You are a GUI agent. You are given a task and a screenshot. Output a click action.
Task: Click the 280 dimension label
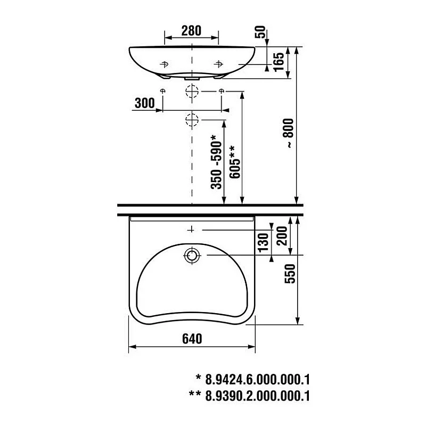[x=191, y=30]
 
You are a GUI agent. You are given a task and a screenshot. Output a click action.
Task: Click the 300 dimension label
[x=144, y=103]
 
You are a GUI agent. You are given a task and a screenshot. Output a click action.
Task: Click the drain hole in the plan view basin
[x=191, y=256]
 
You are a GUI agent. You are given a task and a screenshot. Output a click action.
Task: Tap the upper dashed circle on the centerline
[x=191, y=92]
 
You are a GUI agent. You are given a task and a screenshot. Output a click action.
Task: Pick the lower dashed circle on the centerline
[x=191, y=119]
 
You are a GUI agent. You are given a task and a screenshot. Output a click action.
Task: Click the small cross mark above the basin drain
[x=191, y=230]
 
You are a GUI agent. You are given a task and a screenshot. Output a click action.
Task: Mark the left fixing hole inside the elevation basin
[x=164, y=64]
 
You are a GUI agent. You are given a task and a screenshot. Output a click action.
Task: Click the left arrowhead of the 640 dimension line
[x=132, y=347]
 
